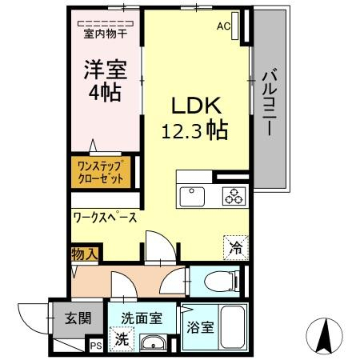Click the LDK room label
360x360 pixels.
click(196, 106)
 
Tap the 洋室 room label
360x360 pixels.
click(106, 70)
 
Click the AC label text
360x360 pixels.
click(223, 26)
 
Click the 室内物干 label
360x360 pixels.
click(106, 34)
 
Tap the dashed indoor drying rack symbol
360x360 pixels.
click(106, 23)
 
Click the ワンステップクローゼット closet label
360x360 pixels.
click(101, 173)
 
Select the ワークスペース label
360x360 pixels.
click(105, 218)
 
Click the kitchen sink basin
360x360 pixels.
click(192, 197)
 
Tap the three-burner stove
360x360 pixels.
click(234, 196)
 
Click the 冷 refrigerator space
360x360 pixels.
click(236, 247)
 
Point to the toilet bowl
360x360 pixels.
click(221, 282)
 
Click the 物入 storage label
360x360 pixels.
click(85, 254)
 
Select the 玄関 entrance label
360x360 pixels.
click(78, 318)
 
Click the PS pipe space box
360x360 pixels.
click(96, 346)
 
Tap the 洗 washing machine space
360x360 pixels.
click(122, 339)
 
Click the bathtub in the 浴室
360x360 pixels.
click(233, 327)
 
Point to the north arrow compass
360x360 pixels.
click(325, 336)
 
